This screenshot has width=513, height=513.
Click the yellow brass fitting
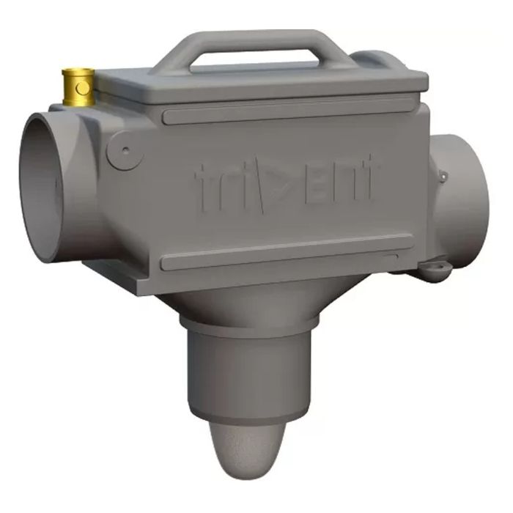tap(78, 86)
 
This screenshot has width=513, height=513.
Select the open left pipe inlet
tap(44, 187)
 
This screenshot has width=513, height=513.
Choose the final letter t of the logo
tap(366, 179)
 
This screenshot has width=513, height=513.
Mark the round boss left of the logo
tap(125, 150)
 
